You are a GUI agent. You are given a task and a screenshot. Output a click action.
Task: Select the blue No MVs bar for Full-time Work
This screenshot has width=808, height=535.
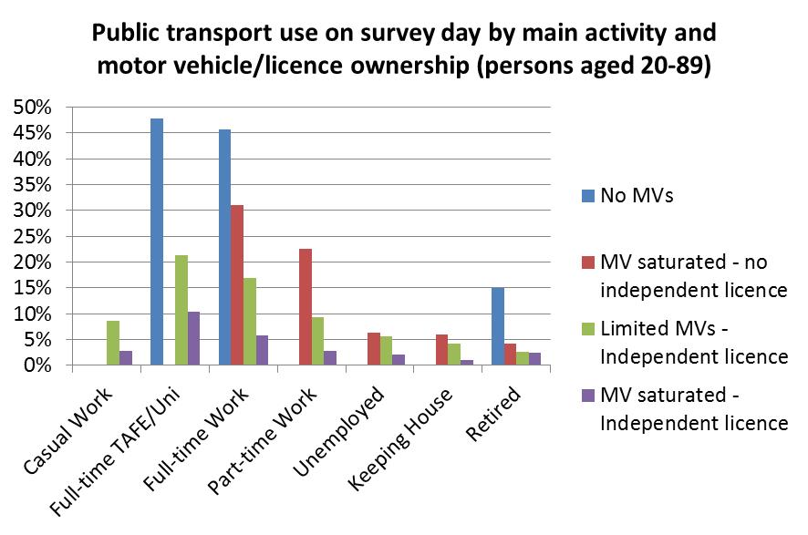224,247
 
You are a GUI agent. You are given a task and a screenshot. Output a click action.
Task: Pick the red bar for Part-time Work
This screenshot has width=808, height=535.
306,307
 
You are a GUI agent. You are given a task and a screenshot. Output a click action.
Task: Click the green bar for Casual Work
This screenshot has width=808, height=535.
113,343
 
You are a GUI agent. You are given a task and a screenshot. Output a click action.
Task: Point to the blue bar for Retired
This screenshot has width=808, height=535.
497,326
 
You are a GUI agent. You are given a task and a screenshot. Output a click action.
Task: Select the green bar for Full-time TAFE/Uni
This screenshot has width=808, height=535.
181,310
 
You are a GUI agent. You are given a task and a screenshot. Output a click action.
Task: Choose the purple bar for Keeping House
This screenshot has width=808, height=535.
468,363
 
